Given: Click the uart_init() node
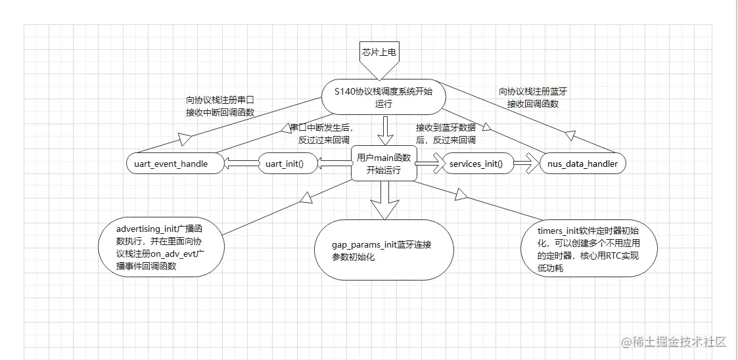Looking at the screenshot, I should point(285,164).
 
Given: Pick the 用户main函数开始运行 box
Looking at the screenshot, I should point(384,164).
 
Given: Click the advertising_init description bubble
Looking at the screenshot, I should point(160,248).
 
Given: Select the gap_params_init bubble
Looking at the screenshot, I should point(384,250).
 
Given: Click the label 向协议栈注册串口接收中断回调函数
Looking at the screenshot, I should point(219,106).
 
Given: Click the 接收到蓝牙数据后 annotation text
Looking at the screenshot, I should point(446,133).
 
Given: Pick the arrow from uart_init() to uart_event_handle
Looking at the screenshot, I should point(241,164).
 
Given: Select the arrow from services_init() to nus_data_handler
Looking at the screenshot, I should point(526,164).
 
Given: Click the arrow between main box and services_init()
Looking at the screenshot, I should point(428,164).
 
